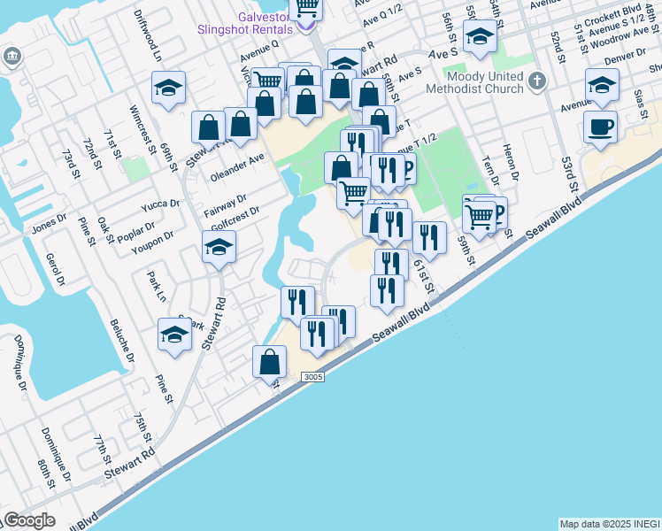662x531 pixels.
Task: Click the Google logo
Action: (29, 520)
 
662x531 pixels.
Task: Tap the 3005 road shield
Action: (312, 376)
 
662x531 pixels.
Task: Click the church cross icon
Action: (535, 82)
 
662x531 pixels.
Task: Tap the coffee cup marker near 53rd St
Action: (600, 127)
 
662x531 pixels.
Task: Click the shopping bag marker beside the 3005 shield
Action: (270, 363)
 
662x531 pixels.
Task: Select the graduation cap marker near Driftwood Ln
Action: (168, 88)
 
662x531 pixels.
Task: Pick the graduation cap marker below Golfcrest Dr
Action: (219, 249)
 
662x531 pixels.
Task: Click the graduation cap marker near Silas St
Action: (602, 87)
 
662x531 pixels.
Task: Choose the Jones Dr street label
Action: (49, 226)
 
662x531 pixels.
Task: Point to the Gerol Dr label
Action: (59, 270)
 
